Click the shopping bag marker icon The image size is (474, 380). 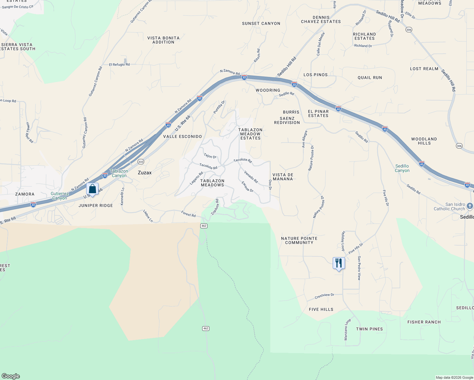[x=92, y=189]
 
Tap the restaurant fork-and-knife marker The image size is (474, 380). [x=339, y=263]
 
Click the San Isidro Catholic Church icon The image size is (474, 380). [x=470, y=206]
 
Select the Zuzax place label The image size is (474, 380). [x=144, y=173]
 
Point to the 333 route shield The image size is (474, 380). [x=141, y=162]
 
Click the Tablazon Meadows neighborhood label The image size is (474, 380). [x=212, y=183]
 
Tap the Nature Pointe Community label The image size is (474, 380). [x=299, y=241]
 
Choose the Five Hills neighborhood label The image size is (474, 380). [x=321, y=309]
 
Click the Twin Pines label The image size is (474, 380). [x=369, y=329]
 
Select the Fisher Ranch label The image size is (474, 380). [x=424, y=322]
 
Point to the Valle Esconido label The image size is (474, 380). [x=183, y=136]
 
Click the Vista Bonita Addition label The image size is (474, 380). [x=163, y=40]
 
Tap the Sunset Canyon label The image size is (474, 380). [x=261, y=23]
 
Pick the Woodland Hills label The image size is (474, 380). [x=424, y=141]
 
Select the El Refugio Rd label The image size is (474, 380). [x=119, y=65]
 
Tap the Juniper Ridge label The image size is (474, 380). [x=96, y=206]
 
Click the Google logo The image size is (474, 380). [x=11, y=376]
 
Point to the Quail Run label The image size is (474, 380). [x=370, y=78]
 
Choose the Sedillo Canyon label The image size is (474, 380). [x=402, y=168]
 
